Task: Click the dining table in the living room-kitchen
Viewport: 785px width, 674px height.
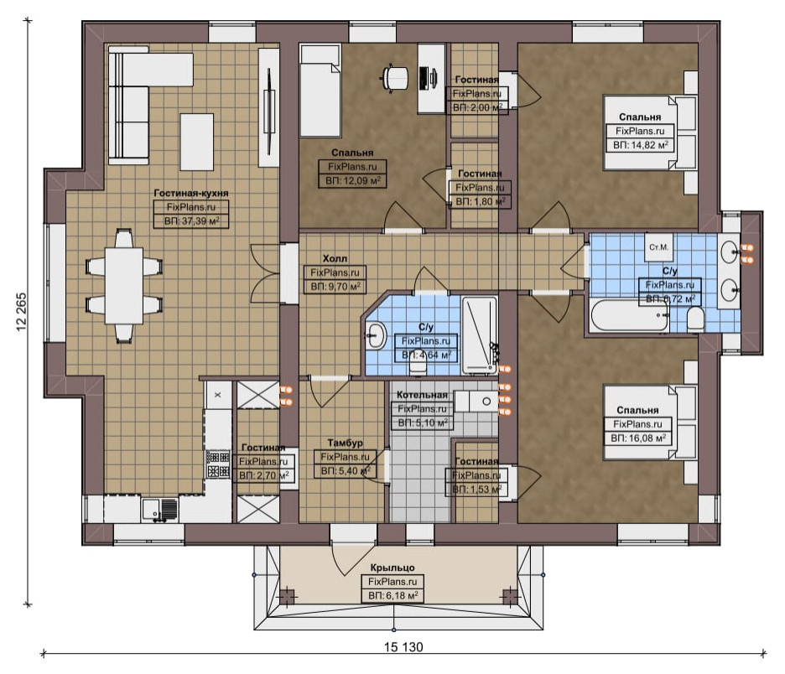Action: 123,286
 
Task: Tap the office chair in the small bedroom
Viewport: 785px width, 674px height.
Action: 395,78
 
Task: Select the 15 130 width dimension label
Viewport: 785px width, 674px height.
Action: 403,647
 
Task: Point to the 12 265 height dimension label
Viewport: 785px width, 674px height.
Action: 22,312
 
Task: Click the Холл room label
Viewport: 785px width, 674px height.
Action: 335,258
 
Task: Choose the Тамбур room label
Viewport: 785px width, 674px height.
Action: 345,443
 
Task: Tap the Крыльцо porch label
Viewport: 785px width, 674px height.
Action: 392,568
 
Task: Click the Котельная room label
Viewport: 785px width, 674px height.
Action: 422,395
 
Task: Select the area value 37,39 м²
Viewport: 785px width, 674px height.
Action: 191,220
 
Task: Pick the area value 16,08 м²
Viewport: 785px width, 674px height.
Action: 637,438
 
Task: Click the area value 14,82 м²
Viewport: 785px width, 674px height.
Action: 640,145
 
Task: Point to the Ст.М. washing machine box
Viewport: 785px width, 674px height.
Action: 659,247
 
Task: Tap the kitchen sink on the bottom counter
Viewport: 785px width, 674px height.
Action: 159,510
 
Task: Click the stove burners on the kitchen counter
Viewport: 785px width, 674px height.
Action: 218,464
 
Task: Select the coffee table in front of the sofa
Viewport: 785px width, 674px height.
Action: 197,143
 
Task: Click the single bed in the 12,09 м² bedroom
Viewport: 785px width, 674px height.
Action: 320,90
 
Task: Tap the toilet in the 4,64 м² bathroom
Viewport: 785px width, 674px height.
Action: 418,367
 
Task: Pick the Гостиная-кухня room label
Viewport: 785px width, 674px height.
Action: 190,193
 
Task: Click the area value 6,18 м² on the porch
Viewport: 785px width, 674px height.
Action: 393,596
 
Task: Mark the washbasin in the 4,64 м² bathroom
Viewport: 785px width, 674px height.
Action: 375,334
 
